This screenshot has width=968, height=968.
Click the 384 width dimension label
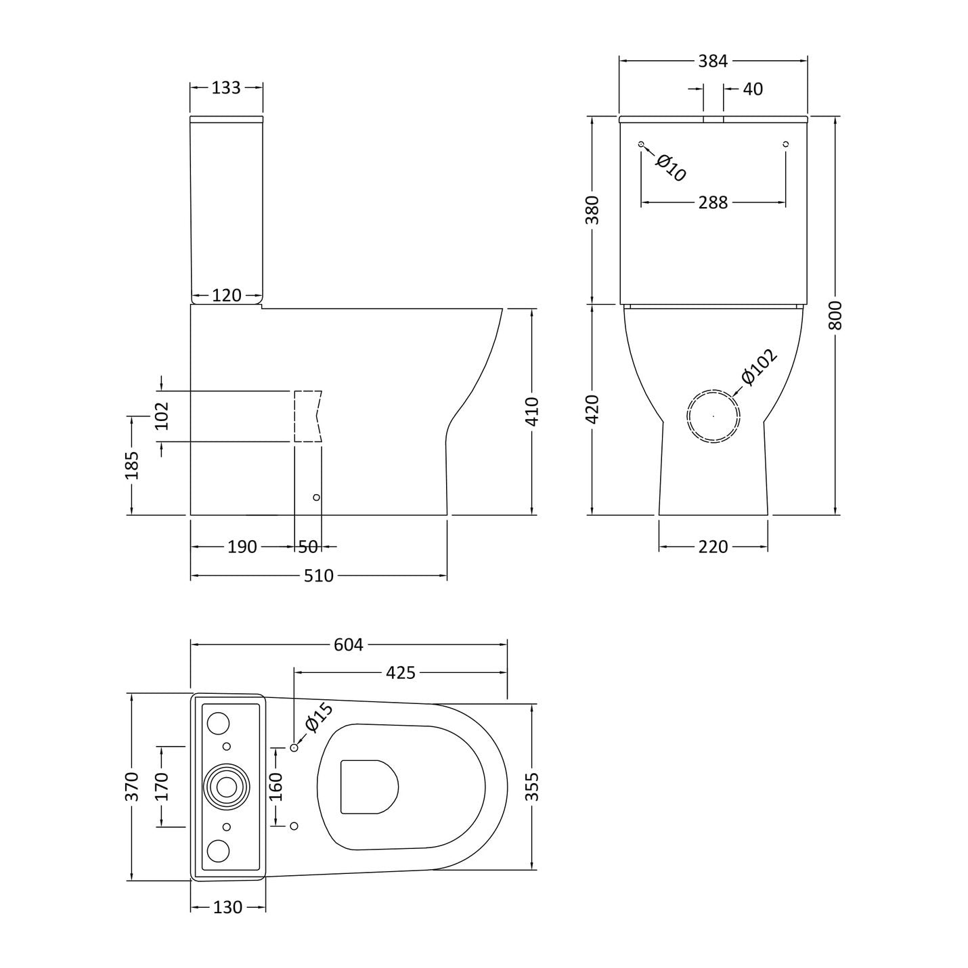point(713,62)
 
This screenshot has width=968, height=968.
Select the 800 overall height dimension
point(835,315)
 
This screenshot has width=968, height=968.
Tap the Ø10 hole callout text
point(671,168)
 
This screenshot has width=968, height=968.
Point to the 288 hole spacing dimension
point(713,202)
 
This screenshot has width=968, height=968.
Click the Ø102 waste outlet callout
point(759,367)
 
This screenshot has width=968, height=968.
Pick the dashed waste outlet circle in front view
point(713,416)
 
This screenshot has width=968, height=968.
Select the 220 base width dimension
point(713,546)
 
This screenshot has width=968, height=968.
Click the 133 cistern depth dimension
point(226,88)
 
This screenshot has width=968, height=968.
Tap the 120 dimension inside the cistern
point(227,295)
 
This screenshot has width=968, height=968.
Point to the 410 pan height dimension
point(532,412)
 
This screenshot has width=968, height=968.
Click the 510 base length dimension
point(318,575)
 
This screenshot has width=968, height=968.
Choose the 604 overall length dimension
point(348,644)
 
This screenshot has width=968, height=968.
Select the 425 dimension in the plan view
point(400,673)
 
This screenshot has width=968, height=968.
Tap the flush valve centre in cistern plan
point(227,787)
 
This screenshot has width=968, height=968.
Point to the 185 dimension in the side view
point(131,465)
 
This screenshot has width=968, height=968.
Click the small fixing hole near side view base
point(316,498)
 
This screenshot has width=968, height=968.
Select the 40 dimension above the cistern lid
point(753,89)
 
